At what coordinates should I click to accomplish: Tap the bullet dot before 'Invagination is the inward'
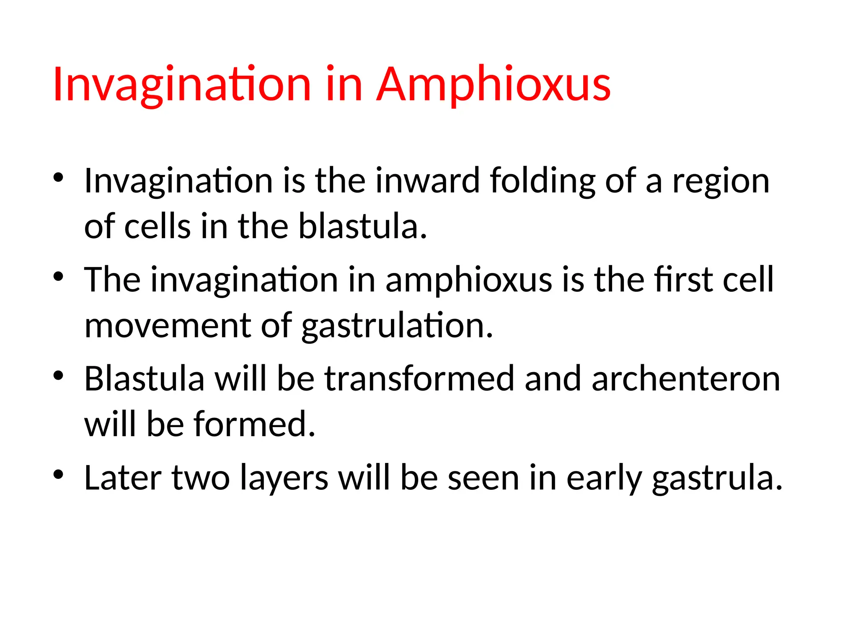(x=58, y=177)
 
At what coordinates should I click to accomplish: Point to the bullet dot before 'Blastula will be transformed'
(x=58, y=376)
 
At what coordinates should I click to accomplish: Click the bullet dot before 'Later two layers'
(x=58, y=474)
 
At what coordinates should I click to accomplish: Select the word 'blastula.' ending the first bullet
(x=363, y=226)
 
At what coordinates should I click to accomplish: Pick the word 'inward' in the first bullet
(x=427, y=181)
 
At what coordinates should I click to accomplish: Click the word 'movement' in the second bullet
(x=168, y=326)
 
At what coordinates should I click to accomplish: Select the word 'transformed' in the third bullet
(x=419, y=379)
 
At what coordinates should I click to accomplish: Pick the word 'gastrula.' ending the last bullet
(x=717, y=478)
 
